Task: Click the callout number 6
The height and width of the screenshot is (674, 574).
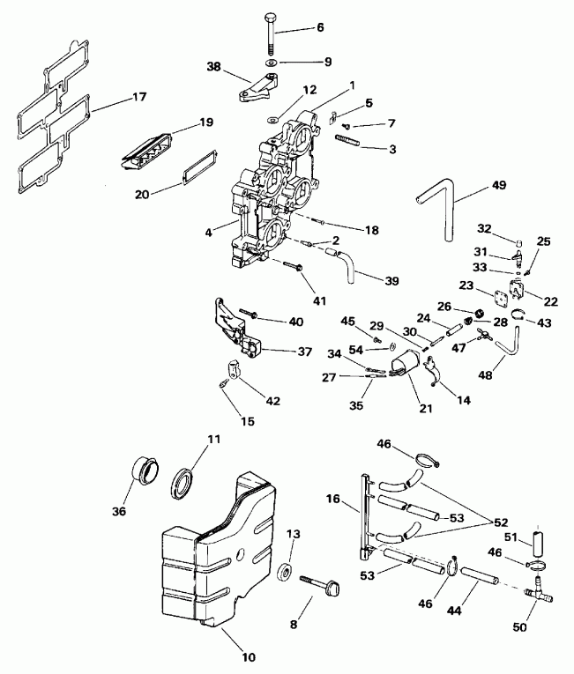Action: (x=319, y=27)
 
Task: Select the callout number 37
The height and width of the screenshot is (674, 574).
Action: (x=303, y=352)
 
